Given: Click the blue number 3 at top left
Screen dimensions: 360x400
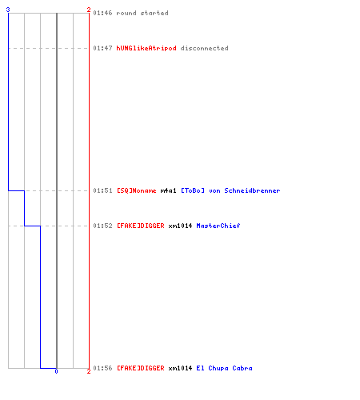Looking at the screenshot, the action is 8,10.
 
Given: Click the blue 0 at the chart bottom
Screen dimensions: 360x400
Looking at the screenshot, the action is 56,371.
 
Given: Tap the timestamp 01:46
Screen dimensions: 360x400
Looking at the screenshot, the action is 102,13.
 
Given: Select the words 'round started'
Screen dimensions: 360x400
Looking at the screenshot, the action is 142,13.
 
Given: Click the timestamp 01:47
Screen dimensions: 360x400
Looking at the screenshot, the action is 102,48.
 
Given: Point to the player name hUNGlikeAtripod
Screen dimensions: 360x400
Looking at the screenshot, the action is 146,48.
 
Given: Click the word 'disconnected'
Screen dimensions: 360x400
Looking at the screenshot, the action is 205,48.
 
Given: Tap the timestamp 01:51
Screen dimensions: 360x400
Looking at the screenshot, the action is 102,190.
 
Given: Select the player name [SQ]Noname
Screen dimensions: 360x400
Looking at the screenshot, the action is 137,190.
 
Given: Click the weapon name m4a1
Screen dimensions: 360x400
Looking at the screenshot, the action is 168,190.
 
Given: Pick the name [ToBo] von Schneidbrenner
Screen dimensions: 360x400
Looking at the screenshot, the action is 230,190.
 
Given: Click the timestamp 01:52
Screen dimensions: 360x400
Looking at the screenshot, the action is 102,226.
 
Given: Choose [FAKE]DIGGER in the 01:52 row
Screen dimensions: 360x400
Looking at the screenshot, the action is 141,226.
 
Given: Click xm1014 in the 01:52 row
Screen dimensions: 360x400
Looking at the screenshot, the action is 180,226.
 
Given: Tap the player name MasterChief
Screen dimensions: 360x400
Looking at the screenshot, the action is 218,226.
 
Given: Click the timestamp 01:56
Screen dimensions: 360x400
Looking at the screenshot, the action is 102,368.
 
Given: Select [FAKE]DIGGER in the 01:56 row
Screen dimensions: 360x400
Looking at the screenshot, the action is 141,368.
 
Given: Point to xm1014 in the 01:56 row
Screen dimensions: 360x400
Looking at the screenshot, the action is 180,368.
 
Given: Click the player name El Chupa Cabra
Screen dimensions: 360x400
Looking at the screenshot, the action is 224,368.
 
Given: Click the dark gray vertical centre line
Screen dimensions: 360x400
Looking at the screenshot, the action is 57,190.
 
